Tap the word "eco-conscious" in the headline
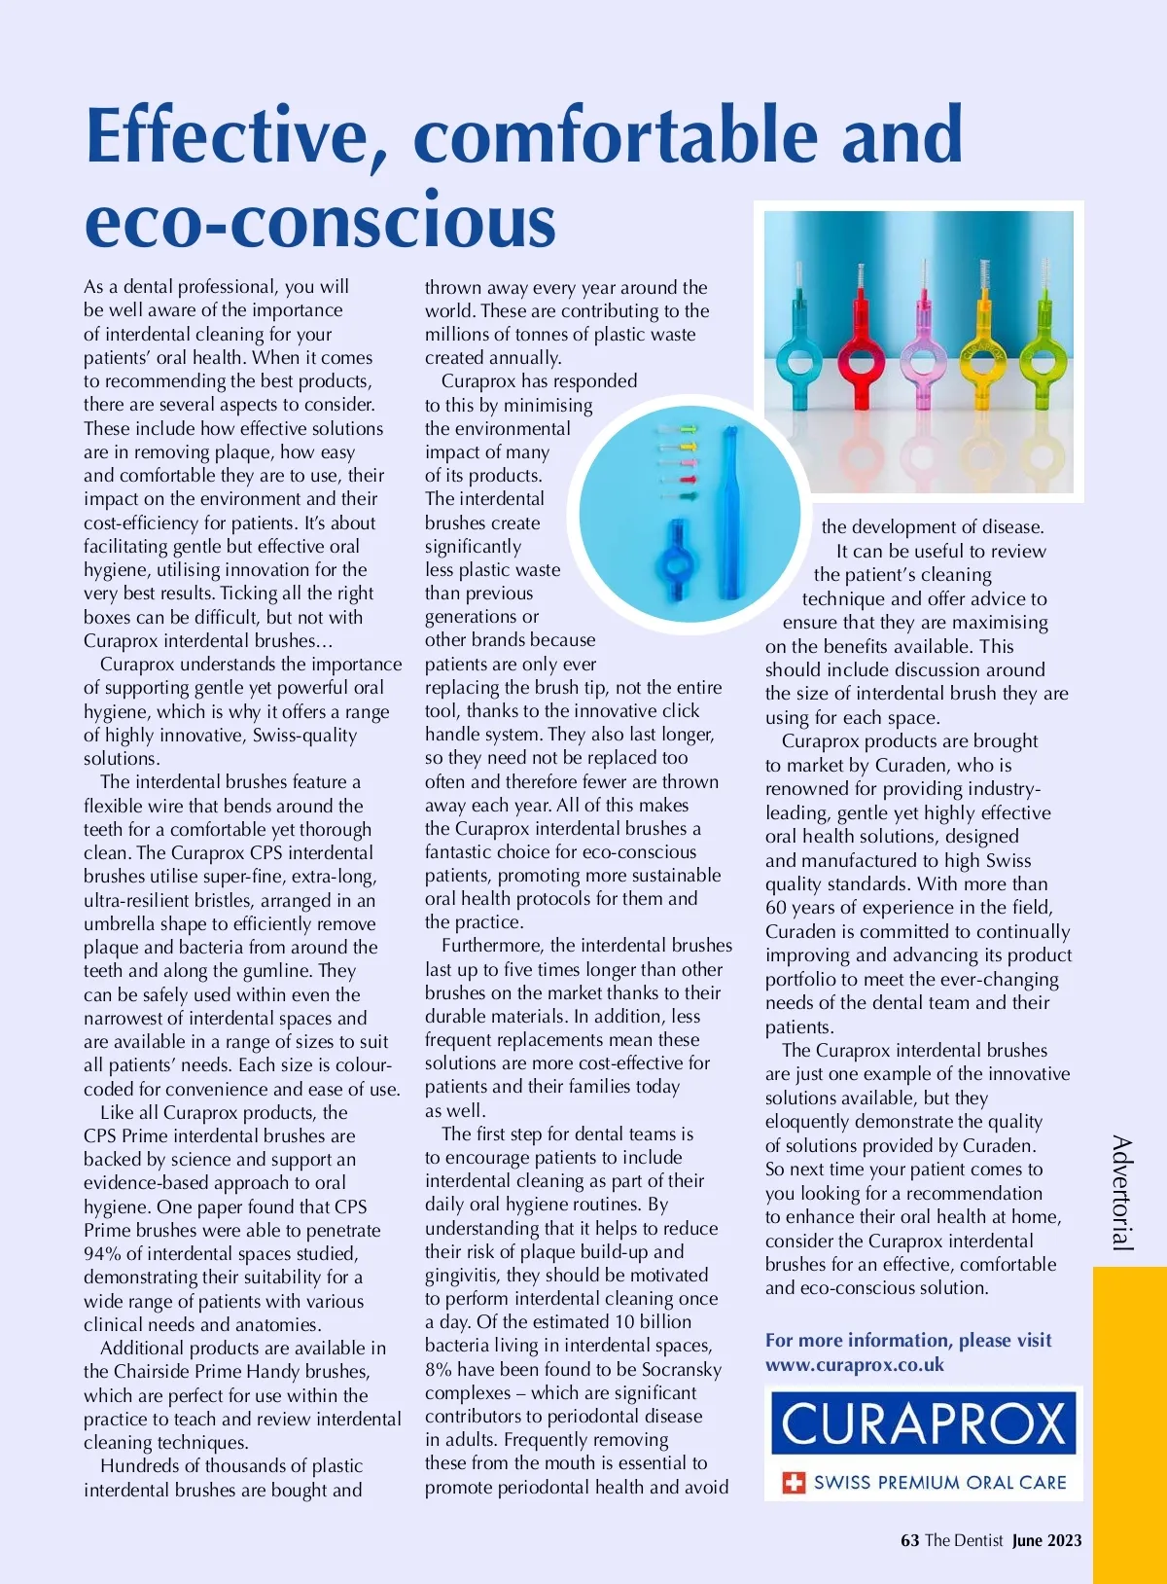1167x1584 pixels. (320, 222)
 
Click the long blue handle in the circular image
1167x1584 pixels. (728, 511)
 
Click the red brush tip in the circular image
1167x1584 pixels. (688, 480)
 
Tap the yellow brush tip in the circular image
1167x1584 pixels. (688, 446)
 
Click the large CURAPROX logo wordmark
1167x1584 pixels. (923, 1423)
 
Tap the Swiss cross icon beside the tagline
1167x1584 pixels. (795, 1483)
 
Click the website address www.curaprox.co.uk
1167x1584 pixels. (854, 1365)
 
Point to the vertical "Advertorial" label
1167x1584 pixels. (1122, 1192)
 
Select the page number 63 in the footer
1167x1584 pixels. (910, 1540)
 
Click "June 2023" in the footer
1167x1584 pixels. (1046, 1540)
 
